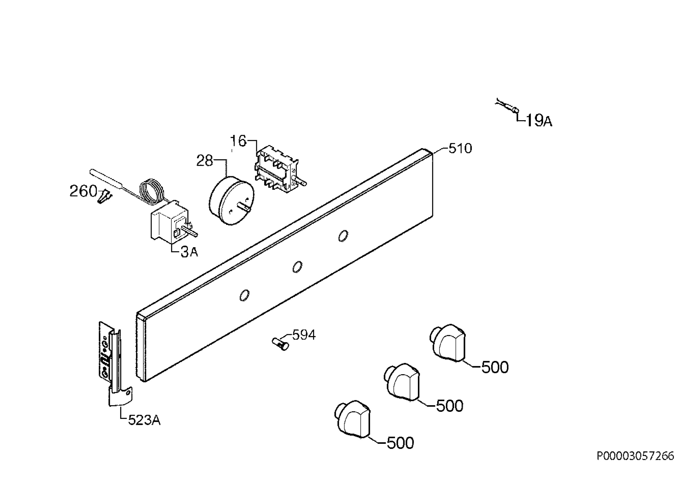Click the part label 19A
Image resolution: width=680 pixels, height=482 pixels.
[539, 120]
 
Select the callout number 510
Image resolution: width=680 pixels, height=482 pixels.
[460, 149]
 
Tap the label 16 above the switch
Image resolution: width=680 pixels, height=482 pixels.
[238, 141]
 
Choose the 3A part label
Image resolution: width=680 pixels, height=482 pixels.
[189, 252]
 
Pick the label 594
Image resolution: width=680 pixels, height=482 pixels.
[304, 335]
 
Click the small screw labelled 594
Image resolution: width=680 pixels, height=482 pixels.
[280, 344]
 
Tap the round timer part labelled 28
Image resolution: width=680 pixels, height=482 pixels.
[232, 201]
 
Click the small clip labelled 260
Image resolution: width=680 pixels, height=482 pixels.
[104, 196]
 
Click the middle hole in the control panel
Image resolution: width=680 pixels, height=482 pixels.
[297, 267]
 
